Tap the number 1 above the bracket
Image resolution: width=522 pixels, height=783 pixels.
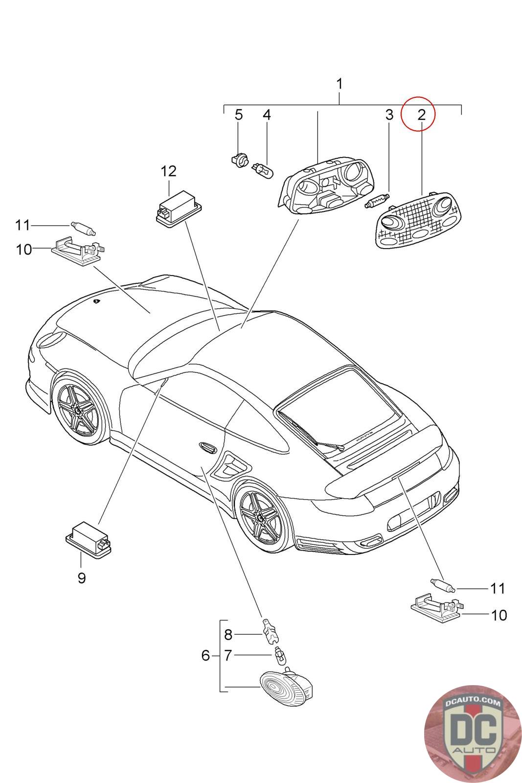pos(339,84)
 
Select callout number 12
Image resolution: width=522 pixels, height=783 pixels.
pos(168,171)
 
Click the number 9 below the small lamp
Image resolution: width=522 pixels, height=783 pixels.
pos(82,578)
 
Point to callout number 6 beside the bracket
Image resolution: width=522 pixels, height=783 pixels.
pos(205,655)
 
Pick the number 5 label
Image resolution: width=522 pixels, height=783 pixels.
pos(238,115)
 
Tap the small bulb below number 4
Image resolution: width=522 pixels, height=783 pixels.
pos(264,170)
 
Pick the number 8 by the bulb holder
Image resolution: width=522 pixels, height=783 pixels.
pos(228,635)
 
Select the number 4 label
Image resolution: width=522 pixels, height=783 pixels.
pos(267,115)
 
